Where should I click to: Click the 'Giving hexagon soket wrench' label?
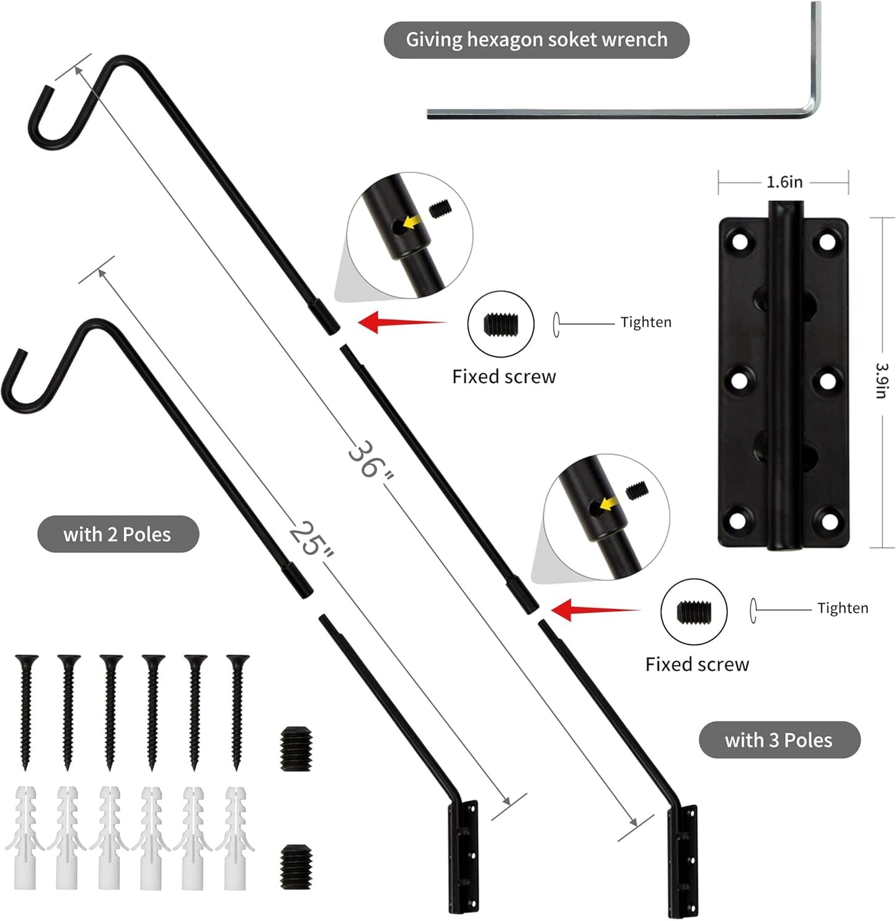(x=536, y=40)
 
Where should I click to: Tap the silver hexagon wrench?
(x=620, y=113)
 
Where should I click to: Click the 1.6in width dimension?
(x=784, y=182)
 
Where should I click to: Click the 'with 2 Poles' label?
(x=118, y=534)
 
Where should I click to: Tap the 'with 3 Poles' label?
(x=779, y=740)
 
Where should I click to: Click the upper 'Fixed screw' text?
(x=503, y=377)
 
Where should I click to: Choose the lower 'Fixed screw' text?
(x=697, y=664)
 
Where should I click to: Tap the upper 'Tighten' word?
(x=645, y=322)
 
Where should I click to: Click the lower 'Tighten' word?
(x=842, y=608)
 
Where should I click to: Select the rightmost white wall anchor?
(x=236, y=837)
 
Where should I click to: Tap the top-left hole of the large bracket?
(x=739, y=240)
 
